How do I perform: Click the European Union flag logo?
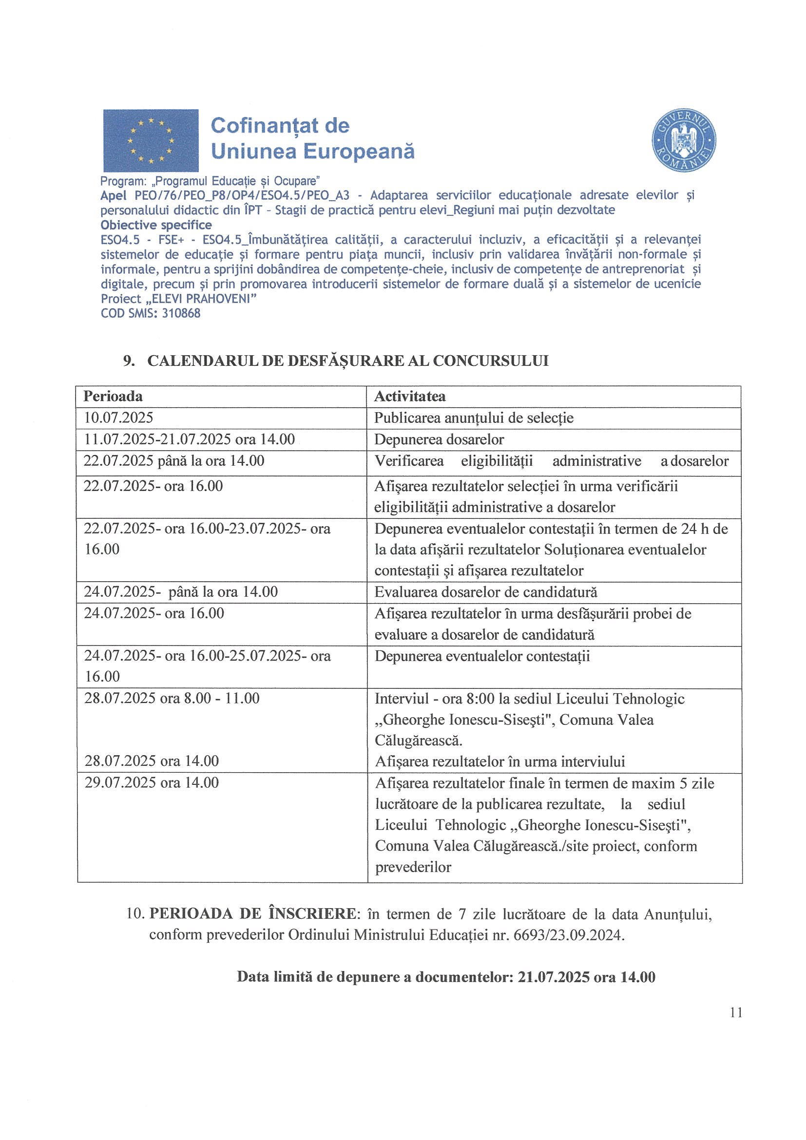point(151,140)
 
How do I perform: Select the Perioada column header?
point(113,396)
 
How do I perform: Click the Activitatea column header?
point(410,396)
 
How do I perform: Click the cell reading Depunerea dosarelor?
point(439,439)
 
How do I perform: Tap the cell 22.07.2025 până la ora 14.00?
point(174,461)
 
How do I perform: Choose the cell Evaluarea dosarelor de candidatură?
point(486,592)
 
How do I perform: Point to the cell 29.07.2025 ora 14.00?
point(152,783)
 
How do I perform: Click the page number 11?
point(736,1012)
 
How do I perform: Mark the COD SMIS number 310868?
point(181,313)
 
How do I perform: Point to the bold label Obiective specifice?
point(156,225)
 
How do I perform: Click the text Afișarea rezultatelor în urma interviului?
point(499,761)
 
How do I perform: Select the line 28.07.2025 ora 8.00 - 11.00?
point(172,699)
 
